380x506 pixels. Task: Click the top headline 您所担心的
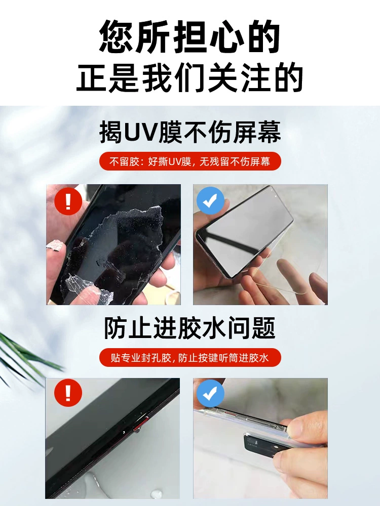point(189,36)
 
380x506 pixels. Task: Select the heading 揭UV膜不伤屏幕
point(190,132)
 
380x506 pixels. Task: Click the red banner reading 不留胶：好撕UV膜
point(190,161)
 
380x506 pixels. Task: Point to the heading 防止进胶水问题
point(189,328)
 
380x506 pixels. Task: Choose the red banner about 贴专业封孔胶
point(190,358)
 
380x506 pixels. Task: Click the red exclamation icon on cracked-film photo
point(68,201)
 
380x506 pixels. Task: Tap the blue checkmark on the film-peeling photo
point(210,200)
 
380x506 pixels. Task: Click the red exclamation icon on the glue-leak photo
point(68,393)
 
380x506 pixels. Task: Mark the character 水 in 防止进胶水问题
point(214,328)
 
